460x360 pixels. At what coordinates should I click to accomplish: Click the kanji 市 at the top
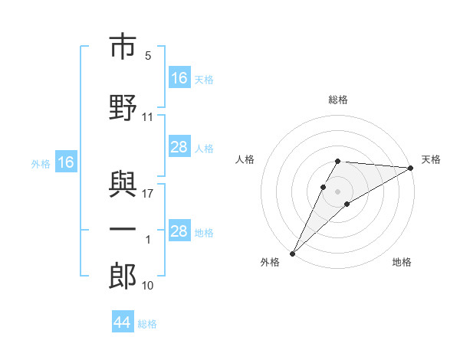click(123, 46)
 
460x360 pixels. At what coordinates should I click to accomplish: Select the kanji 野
click(123, 107)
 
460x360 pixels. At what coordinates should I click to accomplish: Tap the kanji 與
click(123, 184)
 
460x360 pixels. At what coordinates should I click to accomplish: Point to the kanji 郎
click(123, 276)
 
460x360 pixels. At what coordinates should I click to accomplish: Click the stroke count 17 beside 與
click(147, 194)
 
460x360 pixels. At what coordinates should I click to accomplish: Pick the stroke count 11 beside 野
click(147, 117)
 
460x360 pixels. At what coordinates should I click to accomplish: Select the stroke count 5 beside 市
click(148, 56)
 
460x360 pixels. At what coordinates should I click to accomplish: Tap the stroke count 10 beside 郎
click(147, 286)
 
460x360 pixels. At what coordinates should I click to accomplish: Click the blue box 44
click(123, 321)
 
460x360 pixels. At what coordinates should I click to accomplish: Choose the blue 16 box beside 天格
click(179, 77)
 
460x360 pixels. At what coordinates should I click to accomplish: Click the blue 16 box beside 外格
click(66, 162)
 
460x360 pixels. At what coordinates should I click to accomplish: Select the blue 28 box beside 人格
click(179, 146)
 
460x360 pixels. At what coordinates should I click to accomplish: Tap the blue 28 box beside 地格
click(179, 230)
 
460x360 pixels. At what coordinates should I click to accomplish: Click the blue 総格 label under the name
click(147, 324)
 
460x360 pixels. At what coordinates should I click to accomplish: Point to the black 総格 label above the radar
click(338, 100)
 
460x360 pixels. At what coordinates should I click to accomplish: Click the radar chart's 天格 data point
click(411, 168)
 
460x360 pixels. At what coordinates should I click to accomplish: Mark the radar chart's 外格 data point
click(293, 254)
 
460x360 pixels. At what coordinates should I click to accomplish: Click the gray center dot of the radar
click(337, 191)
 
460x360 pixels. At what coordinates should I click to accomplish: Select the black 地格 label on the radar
click(402, 262)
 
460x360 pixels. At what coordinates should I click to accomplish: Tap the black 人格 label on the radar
click(245, 159)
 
